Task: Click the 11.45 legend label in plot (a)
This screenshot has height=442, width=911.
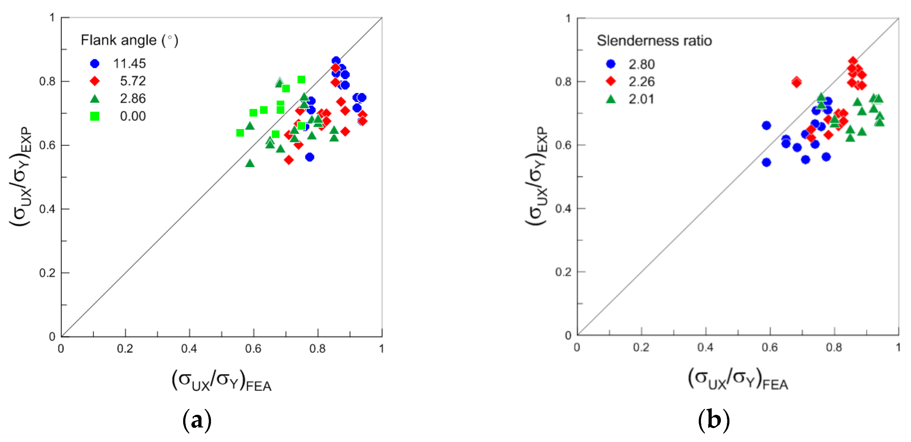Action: (129, 64)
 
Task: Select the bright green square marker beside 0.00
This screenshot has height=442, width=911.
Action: (95, 116)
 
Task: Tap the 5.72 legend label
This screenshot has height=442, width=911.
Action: (133, 81)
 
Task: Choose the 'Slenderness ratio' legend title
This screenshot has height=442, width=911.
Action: (654, 41)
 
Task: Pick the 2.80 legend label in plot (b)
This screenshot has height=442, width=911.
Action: (641, 64)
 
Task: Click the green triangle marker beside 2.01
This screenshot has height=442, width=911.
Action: (611, 99)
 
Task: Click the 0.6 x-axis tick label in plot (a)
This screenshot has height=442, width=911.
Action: (253, 349)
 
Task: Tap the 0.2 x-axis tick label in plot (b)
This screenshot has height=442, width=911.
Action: (641, 347)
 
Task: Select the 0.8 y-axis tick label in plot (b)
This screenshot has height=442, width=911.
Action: (563, 82)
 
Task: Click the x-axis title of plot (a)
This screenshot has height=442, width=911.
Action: (222, 380)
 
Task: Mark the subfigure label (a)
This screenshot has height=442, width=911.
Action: (197, 420)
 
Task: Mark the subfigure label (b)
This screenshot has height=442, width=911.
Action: (714, 420)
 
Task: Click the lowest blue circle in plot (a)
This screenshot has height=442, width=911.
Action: (310, 157)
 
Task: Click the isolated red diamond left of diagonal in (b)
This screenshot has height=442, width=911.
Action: (796, 82)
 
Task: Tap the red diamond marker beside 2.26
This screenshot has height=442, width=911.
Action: (611, 81)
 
